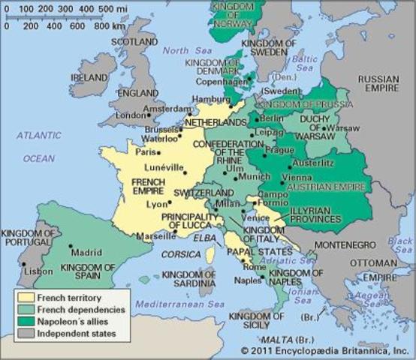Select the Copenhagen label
point(222,80)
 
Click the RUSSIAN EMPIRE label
point(380,83)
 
